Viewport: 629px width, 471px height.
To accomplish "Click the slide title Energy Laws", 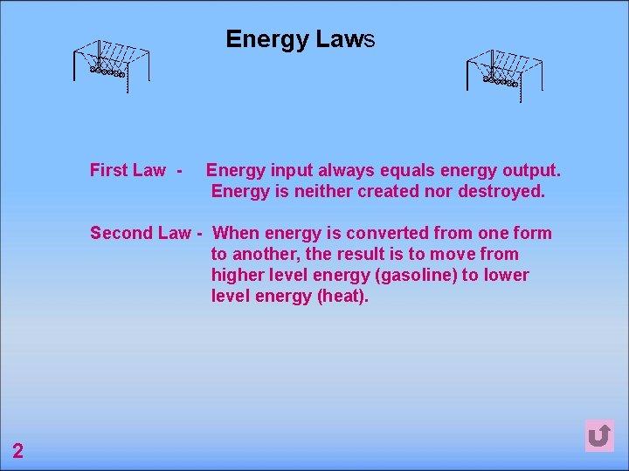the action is click(300, 39).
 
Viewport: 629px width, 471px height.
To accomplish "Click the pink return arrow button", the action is click(599, 435).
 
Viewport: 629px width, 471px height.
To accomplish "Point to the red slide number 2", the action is click(17, 450).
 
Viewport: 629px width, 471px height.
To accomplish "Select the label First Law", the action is click(128, 170).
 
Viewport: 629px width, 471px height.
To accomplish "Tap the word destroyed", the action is click(501, 191).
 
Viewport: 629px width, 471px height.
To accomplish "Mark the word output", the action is click(531, 170).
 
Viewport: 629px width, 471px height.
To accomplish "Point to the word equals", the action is click(388, 170).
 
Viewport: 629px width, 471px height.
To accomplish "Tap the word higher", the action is click(237, 275).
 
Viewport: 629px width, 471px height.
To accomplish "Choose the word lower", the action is click(507, 275).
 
